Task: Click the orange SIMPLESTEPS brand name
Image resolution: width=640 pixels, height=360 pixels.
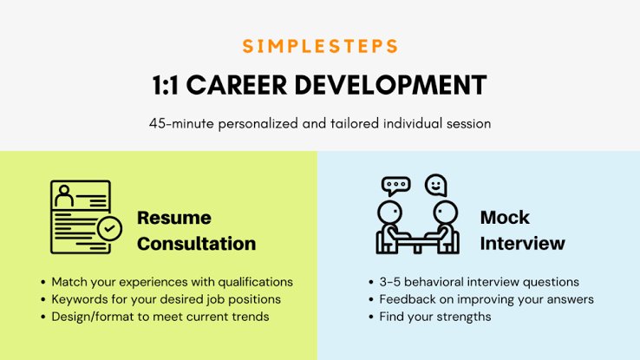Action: click(320, 46)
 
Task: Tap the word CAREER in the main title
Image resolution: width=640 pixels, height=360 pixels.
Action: click(237, 85)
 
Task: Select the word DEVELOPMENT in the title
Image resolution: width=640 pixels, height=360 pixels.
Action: click(390, 85)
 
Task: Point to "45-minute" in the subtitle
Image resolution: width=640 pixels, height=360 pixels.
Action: click(181, 123)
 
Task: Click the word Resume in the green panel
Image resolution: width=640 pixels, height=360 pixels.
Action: click(174, 218)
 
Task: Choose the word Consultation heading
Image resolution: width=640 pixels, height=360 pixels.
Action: click(196, 244)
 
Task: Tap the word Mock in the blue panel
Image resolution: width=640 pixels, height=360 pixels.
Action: click(505, 217)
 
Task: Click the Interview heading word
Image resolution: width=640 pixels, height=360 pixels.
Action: click(522, 243)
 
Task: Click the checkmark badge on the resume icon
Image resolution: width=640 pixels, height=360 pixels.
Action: click(109, 229)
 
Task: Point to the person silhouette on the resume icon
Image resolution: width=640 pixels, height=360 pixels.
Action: click(64, 196)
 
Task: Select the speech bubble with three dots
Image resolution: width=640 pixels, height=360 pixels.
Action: click(395, 186)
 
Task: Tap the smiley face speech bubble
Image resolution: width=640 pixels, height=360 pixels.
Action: click(436, 186)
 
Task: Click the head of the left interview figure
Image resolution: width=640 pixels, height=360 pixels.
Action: click(389, 213)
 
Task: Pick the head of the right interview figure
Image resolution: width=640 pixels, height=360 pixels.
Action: click(445, 213)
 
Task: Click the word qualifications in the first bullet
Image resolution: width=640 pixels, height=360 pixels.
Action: click(255, 282)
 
